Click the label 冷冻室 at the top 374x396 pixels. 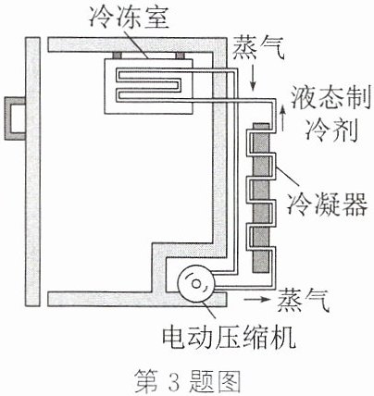click(129, 18)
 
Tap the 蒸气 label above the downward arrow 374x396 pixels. click(258, 49)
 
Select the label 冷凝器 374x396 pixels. click(328, 204)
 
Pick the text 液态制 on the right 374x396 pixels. click(330, 98)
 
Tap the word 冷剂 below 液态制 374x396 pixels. click(331, 130)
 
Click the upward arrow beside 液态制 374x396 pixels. click(282, 119)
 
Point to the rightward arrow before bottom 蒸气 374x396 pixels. click(256, 299)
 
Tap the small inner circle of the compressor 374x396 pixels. click(196, 283)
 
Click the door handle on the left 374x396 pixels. click(9, 118)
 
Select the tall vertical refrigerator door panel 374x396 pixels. click(32, 171)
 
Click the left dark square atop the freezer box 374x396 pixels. click(117, 56)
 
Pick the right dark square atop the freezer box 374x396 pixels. click(180, 56)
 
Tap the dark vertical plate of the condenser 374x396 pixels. click(261, 198)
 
